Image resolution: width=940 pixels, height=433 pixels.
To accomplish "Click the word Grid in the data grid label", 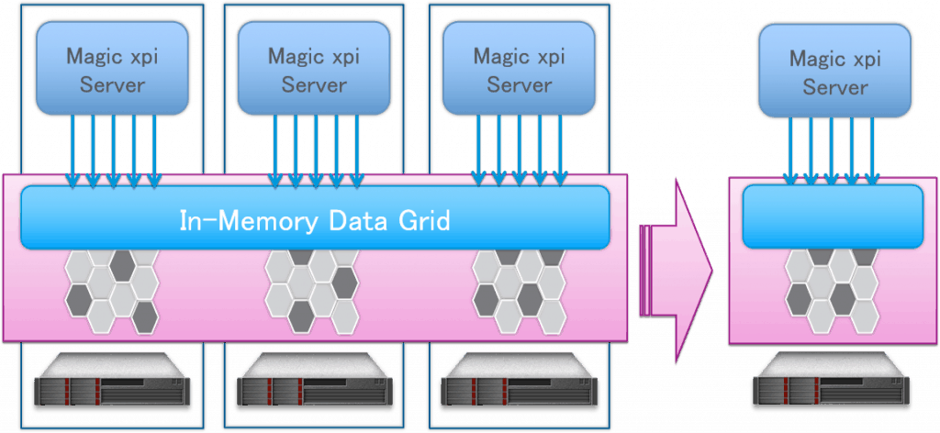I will pos(419,221).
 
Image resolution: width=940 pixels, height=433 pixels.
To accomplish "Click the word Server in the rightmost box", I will pos(834,88).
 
